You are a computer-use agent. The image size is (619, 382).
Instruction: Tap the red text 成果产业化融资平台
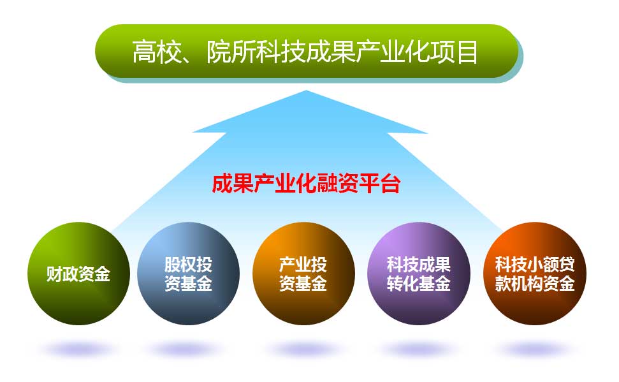306,183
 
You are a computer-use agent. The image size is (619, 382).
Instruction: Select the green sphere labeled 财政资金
78,274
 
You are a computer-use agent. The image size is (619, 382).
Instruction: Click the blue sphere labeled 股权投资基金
188,274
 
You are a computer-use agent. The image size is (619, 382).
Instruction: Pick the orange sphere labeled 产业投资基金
303,274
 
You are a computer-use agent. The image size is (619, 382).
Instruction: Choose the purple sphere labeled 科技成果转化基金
419,274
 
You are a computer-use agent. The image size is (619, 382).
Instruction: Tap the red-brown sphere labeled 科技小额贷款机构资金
535,274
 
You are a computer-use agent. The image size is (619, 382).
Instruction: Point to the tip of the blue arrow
307,91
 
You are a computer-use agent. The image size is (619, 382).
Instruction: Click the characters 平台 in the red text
380,183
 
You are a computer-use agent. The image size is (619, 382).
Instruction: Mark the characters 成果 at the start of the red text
232,183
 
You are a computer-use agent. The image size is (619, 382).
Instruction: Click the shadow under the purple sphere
418,349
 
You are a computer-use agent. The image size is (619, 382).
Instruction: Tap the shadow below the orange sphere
303,349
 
